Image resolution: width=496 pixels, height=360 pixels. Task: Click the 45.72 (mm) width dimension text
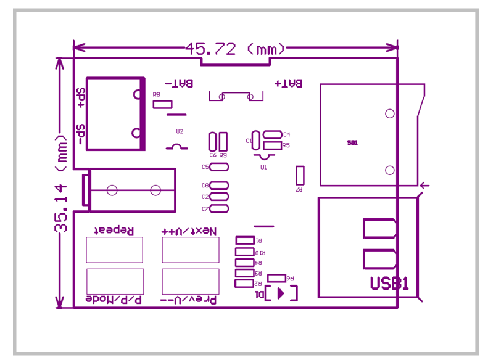pyautogui.click(x=235, y=49)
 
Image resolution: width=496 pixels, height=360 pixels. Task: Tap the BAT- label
pyautogui.click(x=178, y=83)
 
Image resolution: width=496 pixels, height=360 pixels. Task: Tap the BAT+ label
pyautogui.click(x=288, y=83)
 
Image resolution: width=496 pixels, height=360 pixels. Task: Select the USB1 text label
pyautogui.click(x=389, y=284)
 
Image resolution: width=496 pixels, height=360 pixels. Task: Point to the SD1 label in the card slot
pyautogui.click(x=352, y=142)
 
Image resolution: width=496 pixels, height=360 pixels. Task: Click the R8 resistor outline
pyautogui.click(x=162, y=104)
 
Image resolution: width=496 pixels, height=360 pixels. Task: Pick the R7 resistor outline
pyautogui.click(x=300, y=175)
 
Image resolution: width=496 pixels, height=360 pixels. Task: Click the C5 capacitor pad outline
pyautogui.click(x=219, y=167)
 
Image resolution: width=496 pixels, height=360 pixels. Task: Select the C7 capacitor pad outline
pyautogui.click(x=219, y=208)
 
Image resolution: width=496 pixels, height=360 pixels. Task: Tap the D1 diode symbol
pyautogui.click(x=281, y=293)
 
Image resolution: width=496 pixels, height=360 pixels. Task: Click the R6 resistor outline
pyautogui.click(x=276, y=278)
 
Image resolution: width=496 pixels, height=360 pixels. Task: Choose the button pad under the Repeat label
pyautogui.click(x=114, y=250)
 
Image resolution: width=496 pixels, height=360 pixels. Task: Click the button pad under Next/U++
pyautogui.click(x=190, y=250)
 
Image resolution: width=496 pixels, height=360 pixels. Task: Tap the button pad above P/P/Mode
pyautogui.click(x=115, y=281)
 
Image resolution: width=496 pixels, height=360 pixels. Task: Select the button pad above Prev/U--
pyautogui.click(x=190, y=281)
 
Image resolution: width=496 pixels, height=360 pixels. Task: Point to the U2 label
pyautogui.click(x=180, y=131)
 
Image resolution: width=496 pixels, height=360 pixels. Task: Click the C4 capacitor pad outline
pyautogui.click(x=272, y=134)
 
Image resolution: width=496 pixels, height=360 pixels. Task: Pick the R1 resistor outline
pyautogui.click(x=245, y=240)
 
